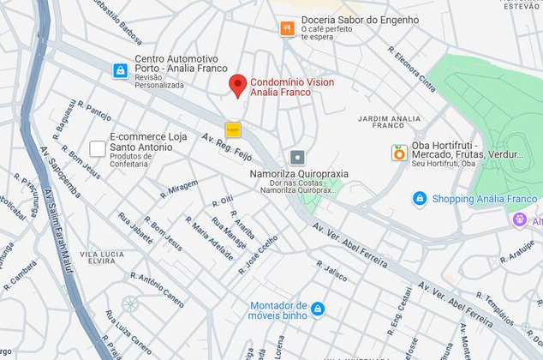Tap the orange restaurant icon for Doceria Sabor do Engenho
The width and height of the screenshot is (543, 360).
click(x=287, y=28)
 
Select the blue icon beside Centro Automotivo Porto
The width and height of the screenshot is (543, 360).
click(x=121, y=71)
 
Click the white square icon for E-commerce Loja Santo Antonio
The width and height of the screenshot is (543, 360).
click(x=98, y=148)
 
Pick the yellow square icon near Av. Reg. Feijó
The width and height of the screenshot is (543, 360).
click(x=233, y=130)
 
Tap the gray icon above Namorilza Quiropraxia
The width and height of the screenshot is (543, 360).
click(x=297, y=157)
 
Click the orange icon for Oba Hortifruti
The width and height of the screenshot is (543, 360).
click(x=398, y=153)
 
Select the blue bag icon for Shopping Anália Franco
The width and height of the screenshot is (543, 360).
click(x=419, y=199)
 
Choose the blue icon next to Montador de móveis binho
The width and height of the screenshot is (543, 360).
click(x=318, y=309)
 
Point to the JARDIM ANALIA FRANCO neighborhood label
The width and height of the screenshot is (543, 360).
click(x=389, y=122)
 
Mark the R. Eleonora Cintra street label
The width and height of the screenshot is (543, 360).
click(x=412, y=68)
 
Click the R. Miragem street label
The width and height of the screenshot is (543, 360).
click(x=178, y=189)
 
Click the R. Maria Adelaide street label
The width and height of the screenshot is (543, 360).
click(x=208, y=238)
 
